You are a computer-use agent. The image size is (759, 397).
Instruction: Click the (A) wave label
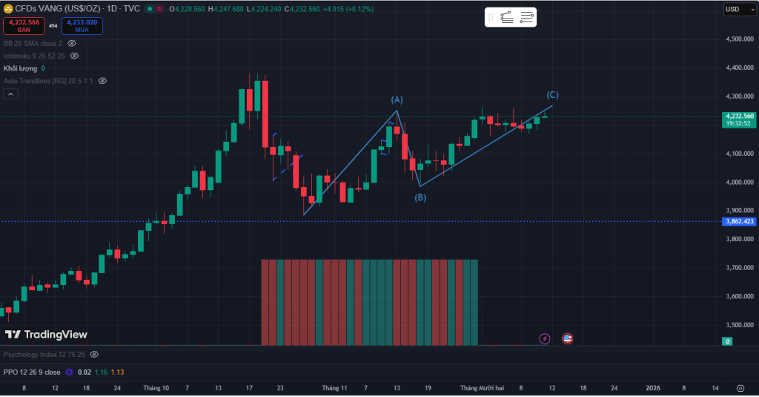[397, 99]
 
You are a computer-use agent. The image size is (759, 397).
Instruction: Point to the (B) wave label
[420, 197]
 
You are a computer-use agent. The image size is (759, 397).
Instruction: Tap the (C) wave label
[552, 95]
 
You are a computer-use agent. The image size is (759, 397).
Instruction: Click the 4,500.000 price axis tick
[739, 39]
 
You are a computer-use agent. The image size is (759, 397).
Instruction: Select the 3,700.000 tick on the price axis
[739, 268]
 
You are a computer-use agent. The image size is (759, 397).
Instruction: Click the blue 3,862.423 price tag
[739, 221]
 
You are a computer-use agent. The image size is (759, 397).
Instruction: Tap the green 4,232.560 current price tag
[739, 117]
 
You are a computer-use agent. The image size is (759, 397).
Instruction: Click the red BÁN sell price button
[24, 25]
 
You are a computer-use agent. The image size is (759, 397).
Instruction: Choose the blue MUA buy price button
[82, 25]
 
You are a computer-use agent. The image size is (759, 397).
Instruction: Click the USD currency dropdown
[735, 9]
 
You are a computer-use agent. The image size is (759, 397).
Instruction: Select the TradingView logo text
[47, 335]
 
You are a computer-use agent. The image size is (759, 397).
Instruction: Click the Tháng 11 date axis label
[334, 388]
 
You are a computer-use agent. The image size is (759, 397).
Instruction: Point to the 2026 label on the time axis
[653, 388]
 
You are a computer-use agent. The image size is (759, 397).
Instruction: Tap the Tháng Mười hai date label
[482, 388]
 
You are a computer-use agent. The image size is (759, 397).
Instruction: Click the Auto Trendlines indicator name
[47, 80]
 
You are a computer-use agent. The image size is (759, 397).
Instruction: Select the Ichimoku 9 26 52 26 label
[34, 56]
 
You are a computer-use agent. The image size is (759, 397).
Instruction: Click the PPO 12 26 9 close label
[32, 372]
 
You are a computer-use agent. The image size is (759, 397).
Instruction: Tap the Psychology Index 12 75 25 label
[44, 355]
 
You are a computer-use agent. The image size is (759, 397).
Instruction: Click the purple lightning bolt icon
[545, 338]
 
